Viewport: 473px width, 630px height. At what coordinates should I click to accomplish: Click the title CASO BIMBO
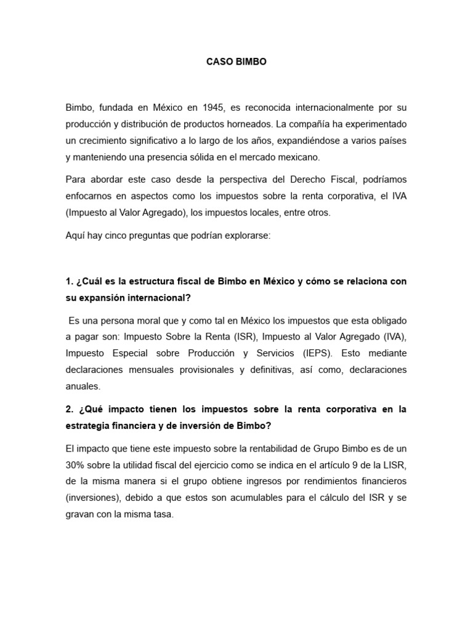[x=236, y=62]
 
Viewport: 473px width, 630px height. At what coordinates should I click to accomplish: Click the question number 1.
[x=69, y=281]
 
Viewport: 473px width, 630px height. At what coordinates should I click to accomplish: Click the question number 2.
[x=69, y=410]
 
